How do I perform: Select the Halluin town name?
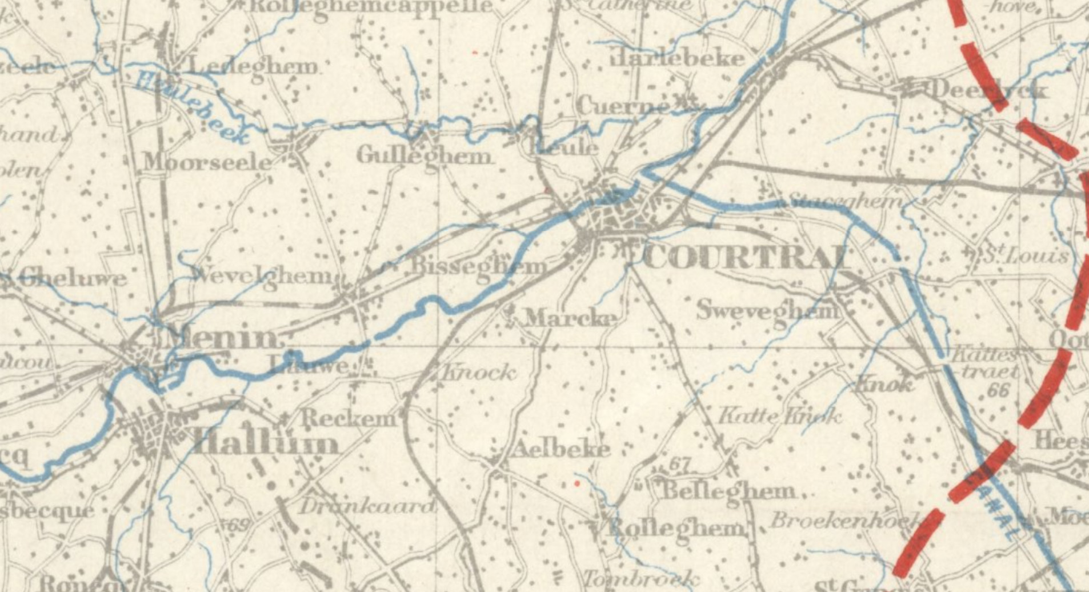click(266, 444)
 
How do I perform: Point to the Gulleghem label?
click(424, 156)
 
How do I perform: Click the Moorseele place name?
click(207, 162)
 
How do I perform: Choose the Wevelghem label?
click(264, 276)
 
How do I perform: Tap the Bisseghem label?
click(479, 266)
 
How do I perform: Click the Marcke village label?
click(570, 318)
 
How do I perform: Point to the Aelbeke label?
click(560, 450)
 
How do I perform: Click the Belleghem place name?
click(727, 490)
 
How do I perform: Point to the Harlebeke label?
click(678, 58)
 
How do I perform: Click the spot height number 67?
click(679, 465)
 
